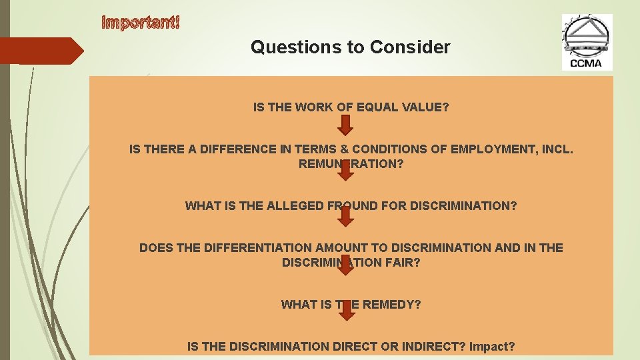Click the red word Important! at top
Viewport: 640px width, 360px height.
click(140, 22)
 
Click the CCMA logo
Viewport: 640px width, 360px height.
click(586, 42)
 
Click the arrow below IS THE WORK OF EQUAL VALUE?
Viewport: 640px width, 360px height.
click(345, 125)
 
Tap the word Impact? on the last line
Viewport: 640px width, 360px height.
click(492, 347)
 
